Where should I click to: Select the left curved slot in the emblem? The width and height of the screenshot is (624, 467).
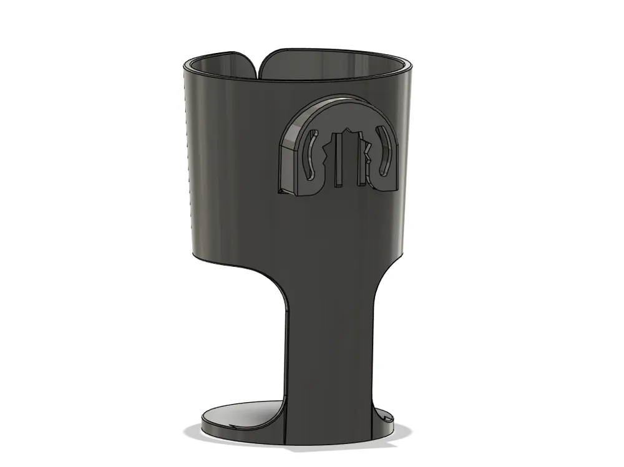(308, 155)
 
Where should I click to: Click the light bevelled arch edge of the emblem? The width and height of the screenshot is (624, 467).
(312, 113)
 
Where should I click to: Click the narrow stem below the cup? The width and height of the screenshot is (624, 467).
(329, 349)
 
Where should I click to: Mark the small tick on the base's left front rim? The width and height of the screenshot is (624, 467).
(231, 428)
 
